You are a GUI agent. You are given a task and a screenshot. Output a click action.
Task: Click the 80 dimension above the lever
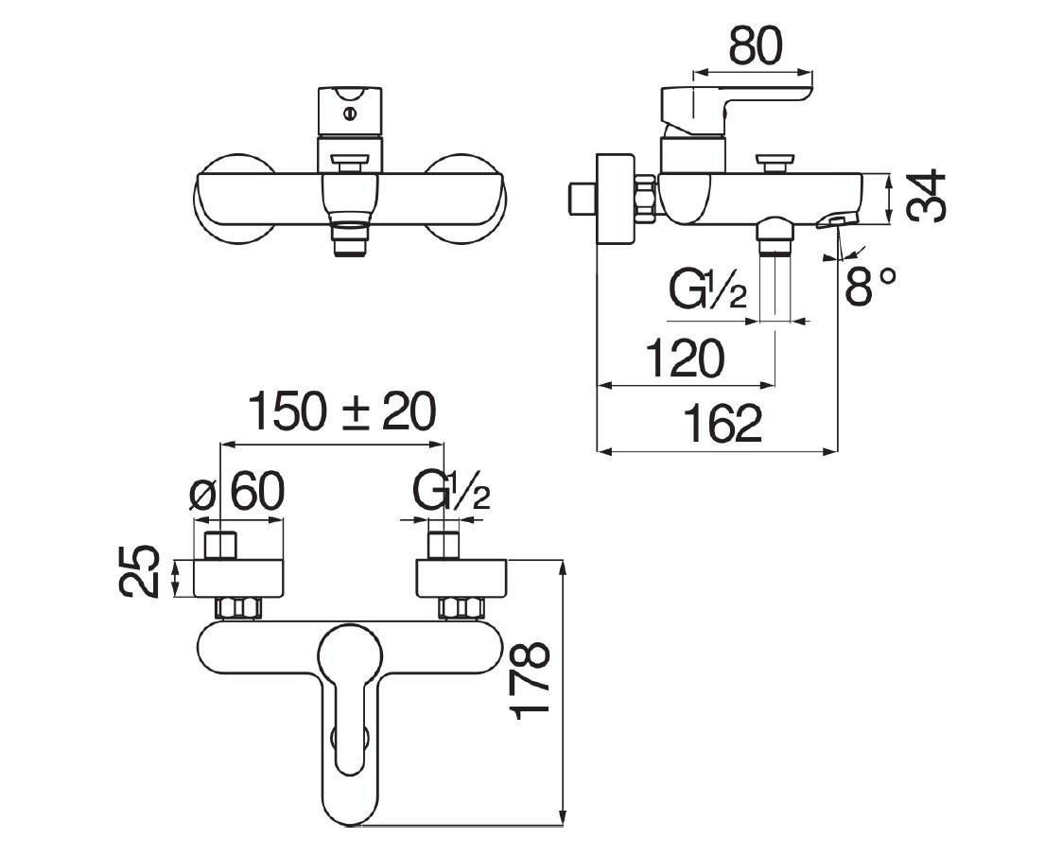point(756,46)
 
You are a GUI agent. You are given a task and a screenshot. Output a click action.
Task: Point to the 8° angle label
point(870,285)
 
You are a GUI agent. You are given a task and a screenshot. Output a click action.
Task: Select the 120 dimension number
point(685,358)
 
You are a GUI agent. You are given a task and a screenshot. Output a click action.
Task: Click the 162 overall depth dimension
point(723,423)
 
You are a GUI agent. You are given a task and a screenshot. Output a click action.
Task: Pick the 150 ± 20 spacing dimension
point(342,412)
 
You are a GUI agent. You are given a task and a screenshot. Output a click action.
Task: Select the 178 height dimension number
point(531,681)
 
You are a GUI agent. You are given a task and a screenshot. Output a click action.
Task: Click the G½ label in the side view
point(708,290)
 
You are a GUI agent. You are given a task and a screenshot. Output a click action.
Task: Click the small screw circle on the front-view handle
point(350,114)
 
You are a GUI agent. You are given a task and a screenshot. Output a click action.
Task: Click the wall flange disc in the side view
point(615,199)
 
